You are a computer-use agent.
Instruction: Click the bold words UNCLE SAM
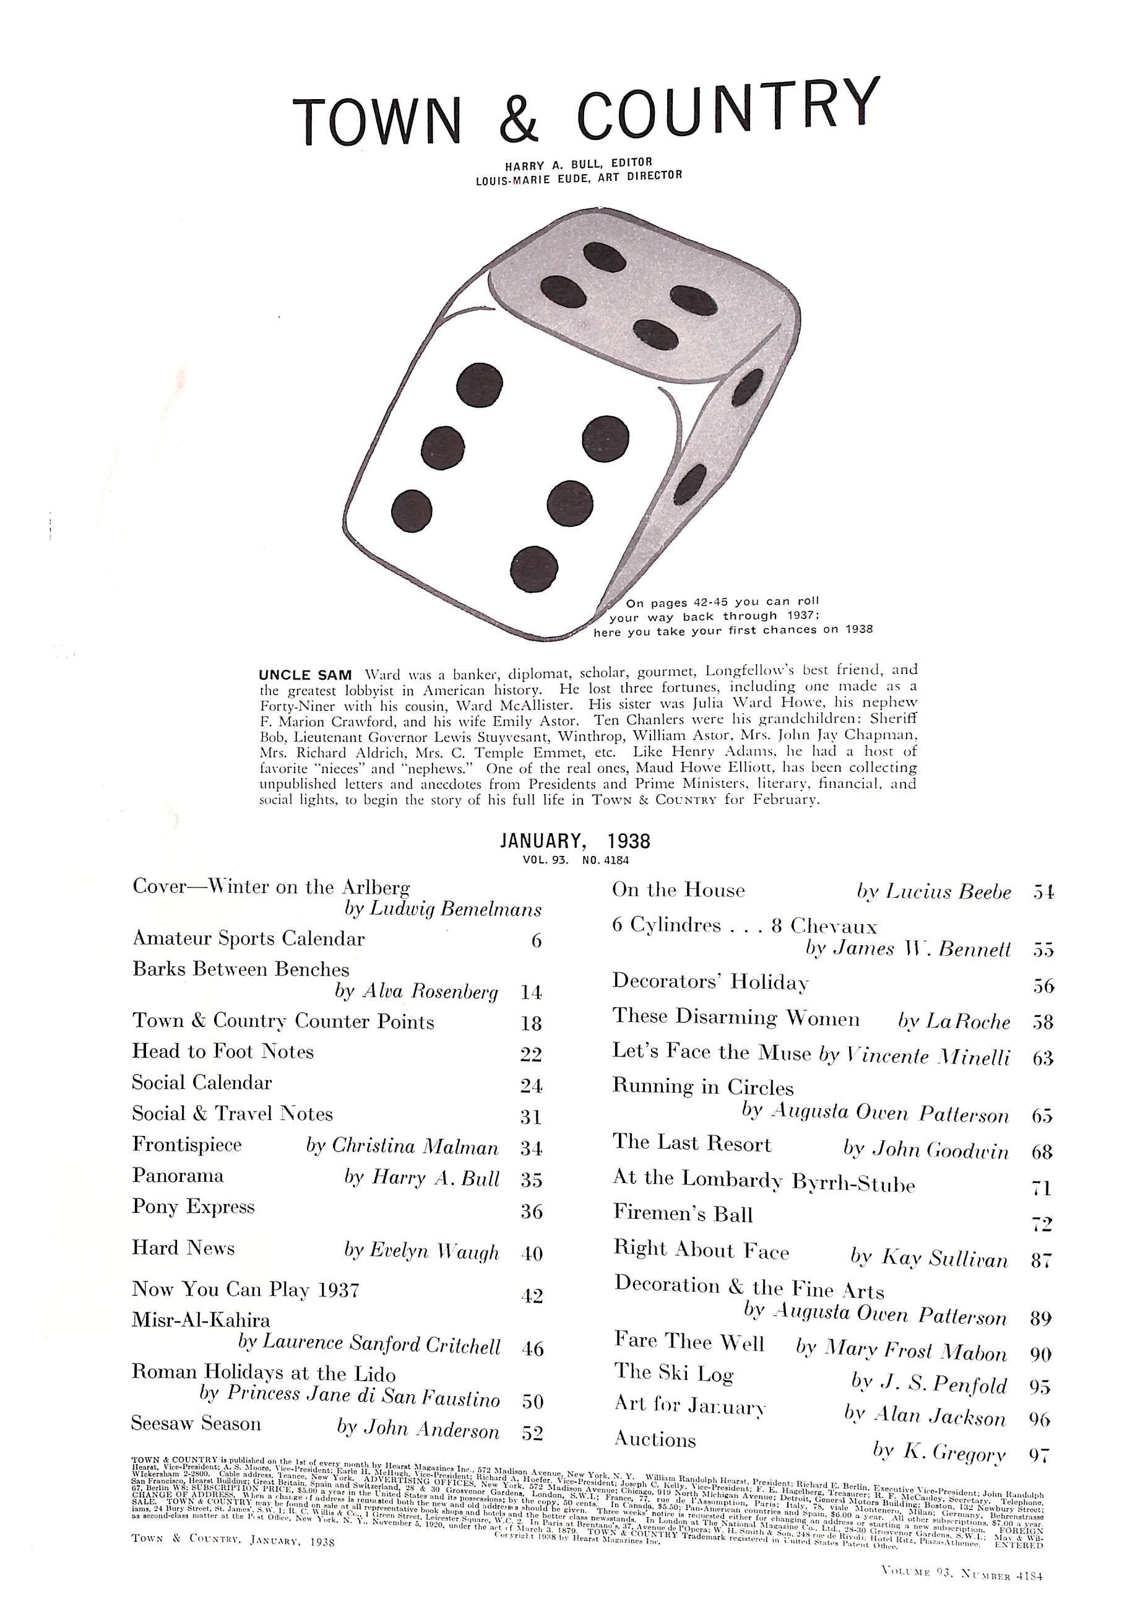(x=305, y=675)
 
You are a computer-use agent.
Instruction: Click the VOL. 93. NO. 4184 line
(x=576, y=860)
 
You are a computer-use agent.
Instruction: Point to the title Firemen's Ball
(x=683, y=1214)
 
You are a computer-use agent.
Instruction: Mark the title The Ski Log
(x=673, y=1372)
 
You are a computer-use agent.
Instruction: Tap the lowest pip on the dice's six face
(x=533, y=569)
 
